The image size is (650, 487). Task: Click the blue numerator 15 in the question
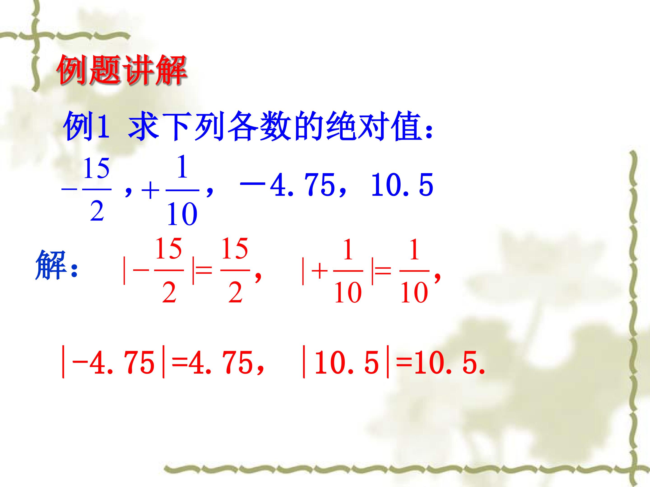click(96, 168)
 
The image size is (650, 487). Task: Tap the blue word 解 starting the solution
click(50, 265)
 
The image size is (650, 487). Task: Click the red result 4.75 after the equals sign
click(220, 364)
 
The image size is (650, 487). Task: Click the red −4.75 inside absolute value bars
click(114, 364)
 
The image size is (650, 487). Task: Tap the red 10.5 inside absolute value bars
click(346, 364)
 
